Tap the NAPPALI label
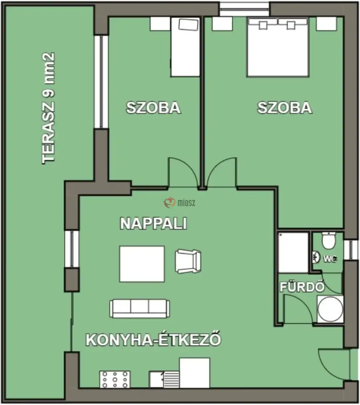pyautogui.click(x=153, y=224)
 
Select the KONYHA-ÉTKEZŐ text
pyautogui.click(x=153, y=340)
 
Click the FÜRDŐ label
pyautogui.click(x=302, y=287)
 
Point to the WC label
pyautogui.click(x=330, y=258)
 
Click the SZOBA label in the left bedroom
pyautogui.click(x=153, y=108)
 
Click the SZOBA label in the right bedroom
pyautogui.click(x=284, y=108)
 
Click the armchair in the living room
pyautogui.click(x=188, y=261)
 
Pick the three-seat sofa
pyautogui.click(x=140, y=308)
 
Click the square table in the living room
pyautogui.click(x=142, y=264)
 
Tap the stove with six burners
pyautogui.click(x=115, y=379)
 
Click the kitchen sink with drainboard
pyautogui.click(x=165, y=379)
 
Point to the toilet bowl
pyautogui.click(x=328, y=240)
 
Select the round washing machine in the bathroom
pyautogui.click(x=330, y=309)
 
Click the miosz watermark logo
pyautogui.click(x=180, y=203)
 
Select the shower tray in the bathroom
pyautogui.click(x=293, y=252)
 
